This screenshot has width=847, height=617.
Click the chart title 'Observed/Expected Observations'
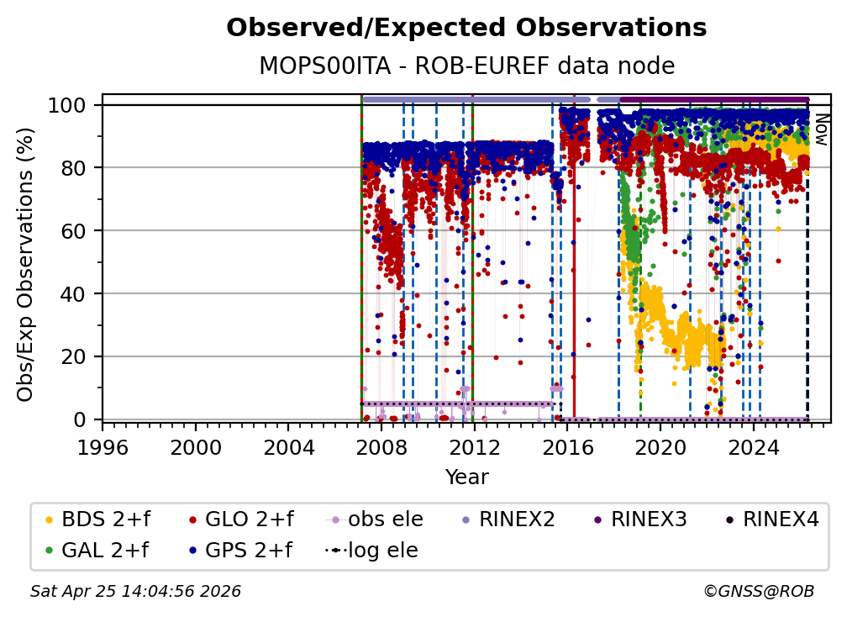coord(466,28)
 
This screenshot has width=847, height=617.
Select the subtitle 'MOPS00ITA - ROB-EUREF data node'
coord(466,66)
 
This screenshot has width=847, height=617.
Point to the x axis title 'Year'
coord(466,477)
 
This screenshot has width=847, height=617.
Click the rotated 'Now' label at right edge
coord(821,130)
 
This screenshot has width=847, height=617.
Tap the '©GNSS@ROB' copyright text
coord(758,592)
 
